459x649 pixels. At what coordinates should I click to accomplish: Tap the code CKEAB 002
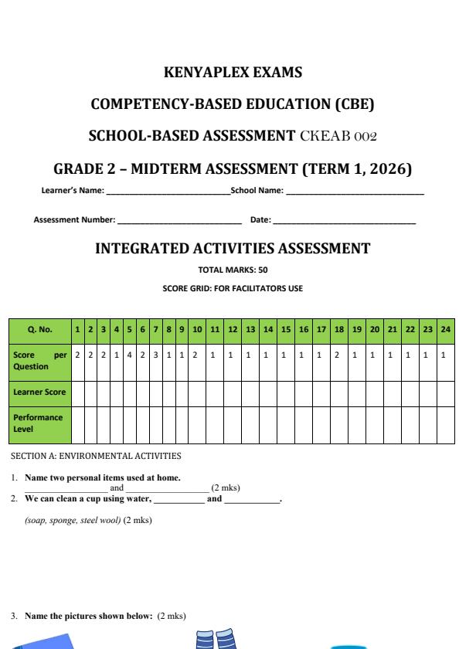tap(343, 137)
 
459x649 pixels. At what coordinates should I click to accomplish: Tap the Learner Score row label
tap(39, 392)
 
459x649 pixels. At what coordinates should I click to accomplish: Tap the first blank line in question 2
tap(178, 499)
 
